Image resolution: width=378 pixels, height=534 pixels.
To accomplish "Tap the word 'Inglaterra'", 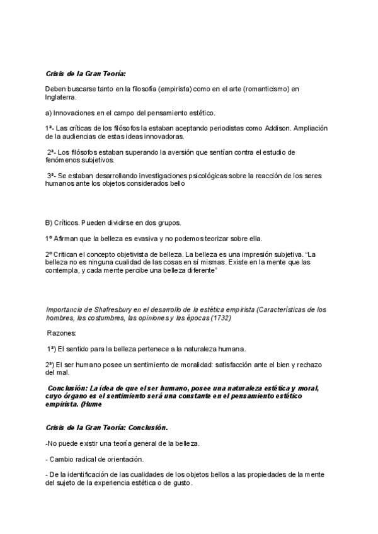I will pyautogui.click(x=62, y=98).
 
